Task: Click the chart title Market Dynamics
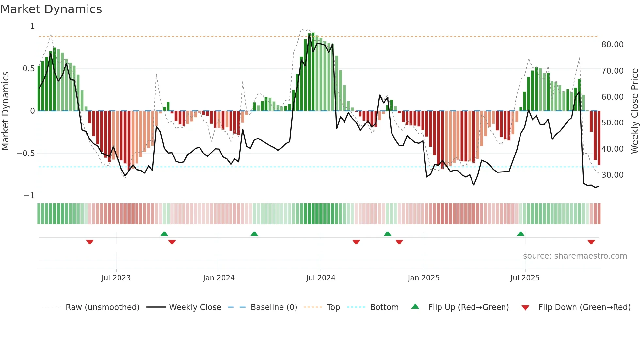click(51, 9)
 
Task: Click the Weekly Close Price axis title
click(634, 111)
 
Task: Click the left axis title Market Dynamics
click(5, 111)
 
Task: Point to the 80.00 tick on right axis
click(612, 45)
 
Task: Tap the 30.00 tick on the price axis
click(612, 175)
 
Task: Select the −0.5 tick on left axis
click(25, 154)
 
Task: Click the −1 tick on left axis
click(29, 196)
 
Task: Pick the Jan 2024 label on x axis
click(219, 278)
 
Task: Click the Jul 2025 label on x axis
click(525, 278)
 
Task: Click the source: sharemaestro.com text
click(575, 256)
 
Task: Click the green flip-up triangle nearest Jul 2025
click(520, 234)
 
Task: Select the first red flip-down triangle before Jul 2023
click(90, 242)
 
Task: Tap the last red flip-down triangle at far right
click(591, 242)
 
